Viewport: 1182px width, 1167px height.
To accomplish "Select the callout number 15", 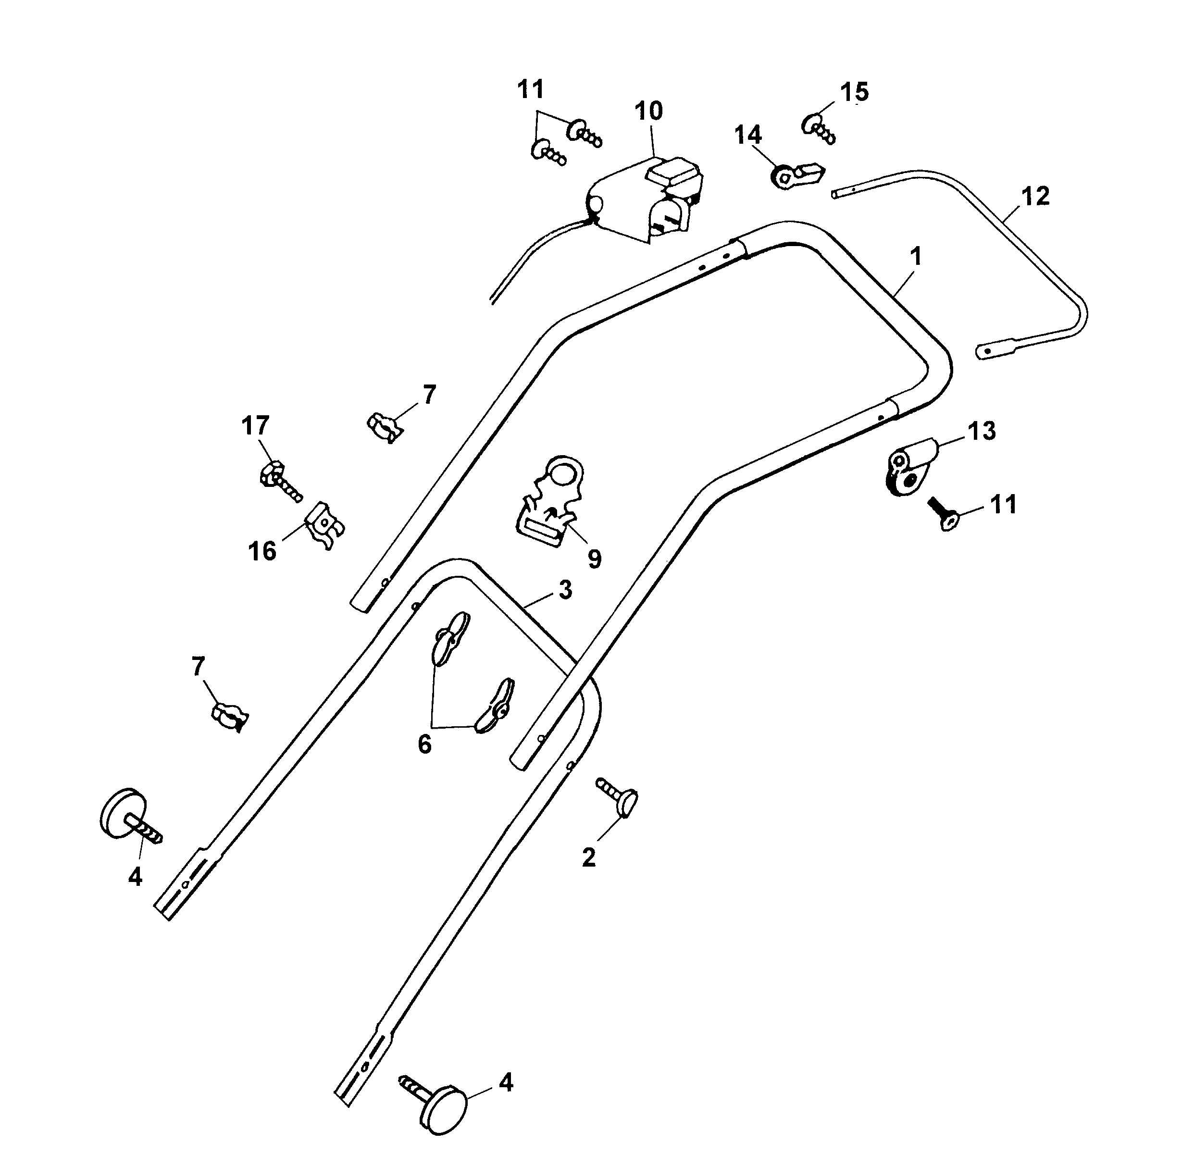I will [854, 92].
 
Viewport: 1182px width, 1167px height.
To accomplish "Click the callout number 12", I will [1034, 196].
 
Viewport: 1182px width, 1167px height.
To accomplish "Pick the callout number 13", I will [982, 431].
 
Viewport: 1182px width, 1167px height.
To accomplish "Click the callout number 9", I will [594, 559].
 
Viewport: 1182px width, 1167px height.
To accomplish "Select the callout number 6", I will [424, 745].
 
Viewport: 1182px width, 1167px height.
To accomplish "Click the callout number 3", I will [565, 590].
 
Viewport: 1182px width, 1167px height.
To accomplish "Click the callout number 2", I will [588, 857].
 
